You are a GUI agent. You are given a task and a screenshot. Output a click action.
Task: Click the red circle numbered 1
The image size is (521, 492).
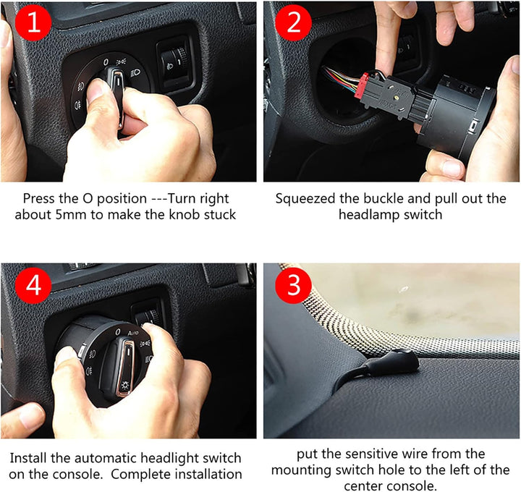pyautogui.click(x=33, y=22)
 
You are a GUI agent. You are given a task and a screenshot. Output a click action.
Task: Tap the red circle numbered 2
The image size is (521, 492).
pyautogui.click(x=293, y=22)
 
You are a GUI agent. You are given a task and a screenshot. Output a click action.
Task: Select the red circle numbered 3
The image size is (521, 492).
pyautogui.click(x=293, y=285)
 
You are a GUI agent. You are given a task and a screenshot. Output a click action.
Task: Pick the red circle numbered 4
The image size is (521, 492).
pyautogui.click(x=33, y=285)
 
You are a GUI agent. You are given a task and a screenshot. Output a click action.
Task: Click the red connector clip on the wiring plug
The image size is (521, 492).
pyautogui.click(x=363, y=85)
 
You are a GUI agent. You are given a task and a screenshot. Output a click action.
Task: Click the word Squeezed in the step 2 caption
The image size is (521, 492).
pyautogui.click(x=305, y=199)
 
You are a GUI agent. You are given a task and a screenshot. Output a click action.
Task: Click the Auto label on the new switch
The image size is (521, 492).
pyautogui.click(x=133, y=333)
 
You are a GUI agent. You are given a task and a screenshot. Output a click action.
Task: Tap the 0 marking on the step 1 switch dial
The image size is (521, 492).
pyautogui.click(x=106, y=61)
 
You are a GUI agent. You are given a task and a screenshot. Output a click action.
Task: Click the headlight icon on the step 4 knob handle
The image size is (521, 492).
pyautogui.click(x=125, y=386)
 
